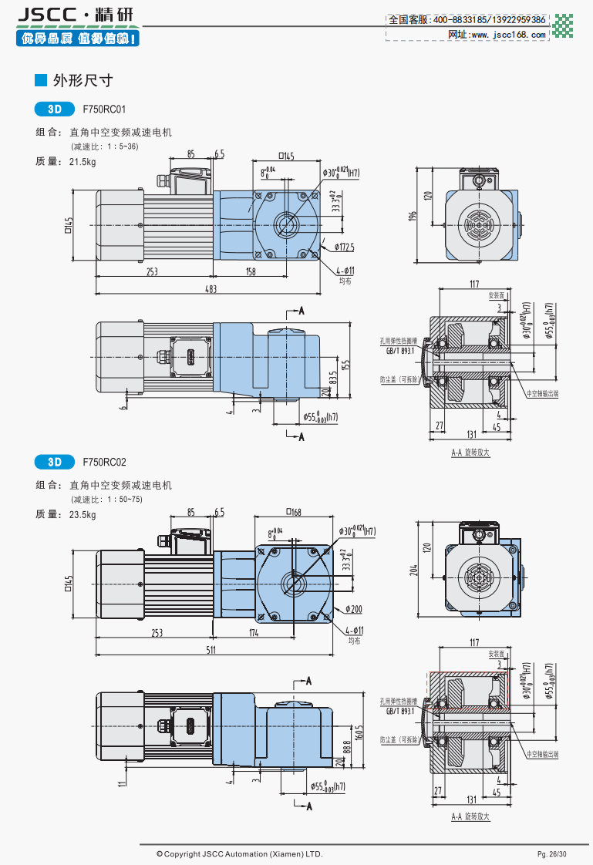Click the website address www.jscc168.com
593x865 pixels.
click(x=507, y=35)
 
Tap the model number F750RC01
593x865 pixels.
click(x=104, y=109)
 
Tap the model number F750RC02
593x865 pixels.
click(x=104, y=463)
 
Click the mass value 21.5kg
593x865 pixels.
click(x=83, y=162)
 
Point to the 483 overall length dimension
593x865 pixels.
click(x=210, y=289)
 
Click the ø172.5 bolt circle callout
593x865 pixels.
click(x=344, y=247)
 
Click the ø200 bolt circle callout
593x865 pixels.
click(x=354, y=609)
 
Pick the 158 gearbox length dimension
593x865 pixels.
click(x=251, y=271)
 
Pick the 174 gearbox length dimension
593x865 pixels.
click(x=254, y=633)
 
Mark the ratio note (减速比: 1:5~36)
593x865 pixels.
click(x=105, y=146)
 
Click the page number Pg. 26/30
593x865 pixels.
click(x=551, y=854)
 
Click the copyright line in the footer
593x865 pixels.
click(x=239, y=854)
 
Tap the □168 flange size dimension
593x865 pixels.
click(x=293, y=511)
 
